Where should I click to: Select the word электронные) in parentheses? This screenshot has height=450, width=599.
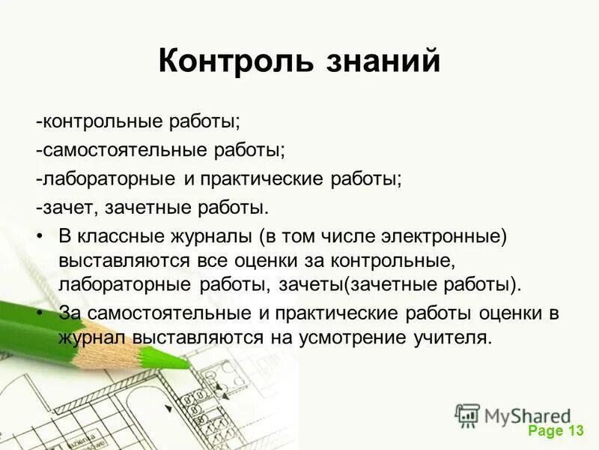(x=449, y=236)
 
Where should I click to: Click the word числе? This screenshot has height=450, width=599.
(x=356, y=236)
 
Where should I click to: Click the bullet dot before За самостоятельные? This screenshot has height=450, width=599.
(x=40, y=312)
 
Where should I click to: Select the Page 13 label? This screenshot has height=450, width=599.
(x=555, y=430)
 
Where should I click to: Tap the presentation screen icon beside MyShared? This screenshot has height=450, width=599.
(x=467, y=415)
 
